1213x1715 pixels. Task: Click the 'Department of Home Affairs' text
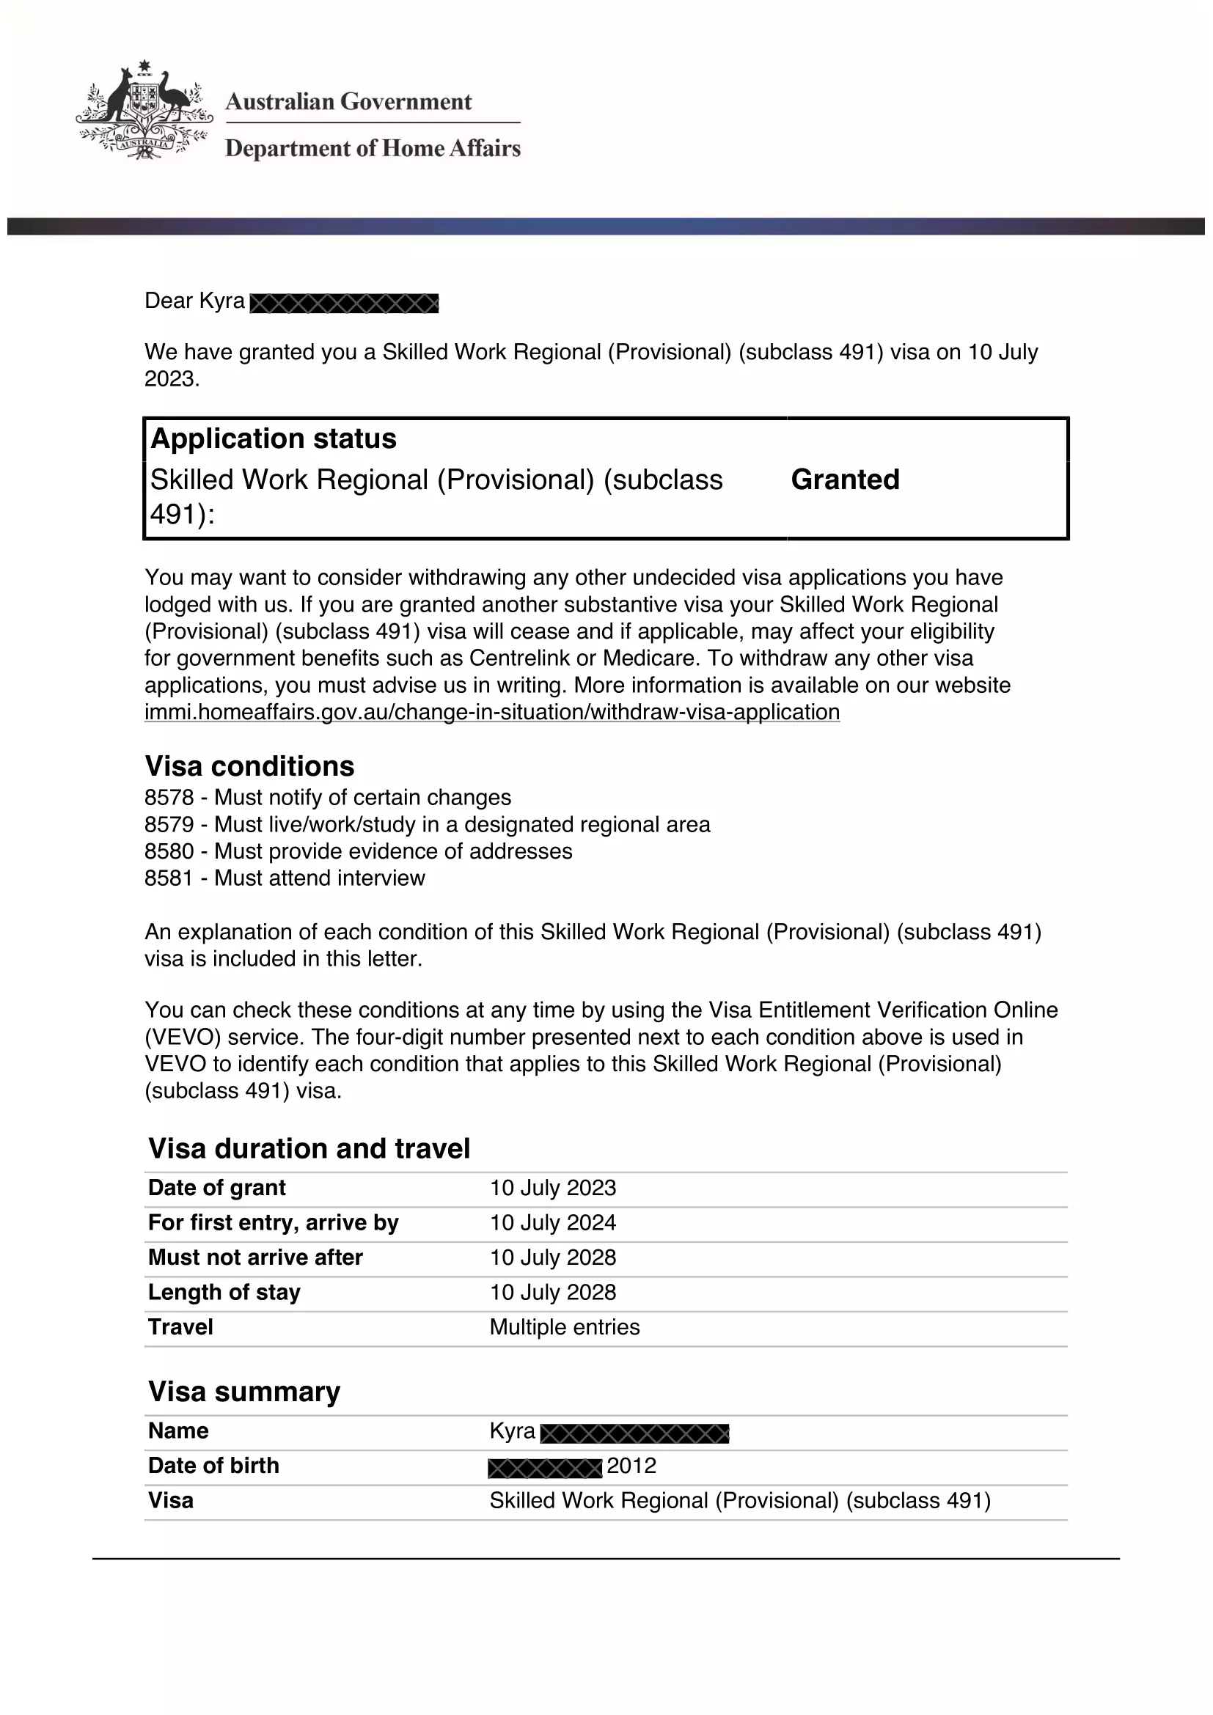point(373,149)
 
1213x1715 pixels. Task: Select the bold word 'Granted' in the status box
point(845,480)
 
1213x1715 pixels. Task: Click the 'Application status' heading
point(274,438)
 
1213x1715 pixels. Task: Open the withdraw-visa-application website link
point(491,712)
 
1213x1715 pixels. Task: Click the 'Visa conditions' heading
point(249,766)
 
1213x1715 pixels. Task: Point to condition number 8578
point(169,798)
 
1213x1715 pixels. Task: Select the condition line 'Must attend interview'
point(320,878)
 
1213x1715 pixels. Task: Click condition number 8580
point(169,851)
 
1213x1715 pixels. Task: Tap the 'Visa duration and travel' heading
point(309,1149)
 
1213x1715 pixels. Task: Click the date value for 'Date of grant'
point(553,1188)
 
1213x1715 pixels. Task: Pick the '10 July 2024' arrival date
point(553,1223)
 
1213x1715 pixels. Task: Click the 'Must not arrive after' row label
point(255,1257)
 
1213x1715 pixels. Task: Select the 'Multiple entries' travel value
point(565,1326)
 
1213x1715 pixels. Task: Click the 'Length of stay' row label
point(224,1292)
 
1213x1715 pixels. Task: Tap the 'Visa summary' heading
point(244,1392)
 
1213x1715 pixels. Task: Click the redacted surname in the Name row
point(634,1433)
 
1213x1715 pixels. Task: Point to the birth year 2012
point(631,1466)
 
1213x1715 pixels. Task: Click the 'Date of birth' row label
point(213,1466)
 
